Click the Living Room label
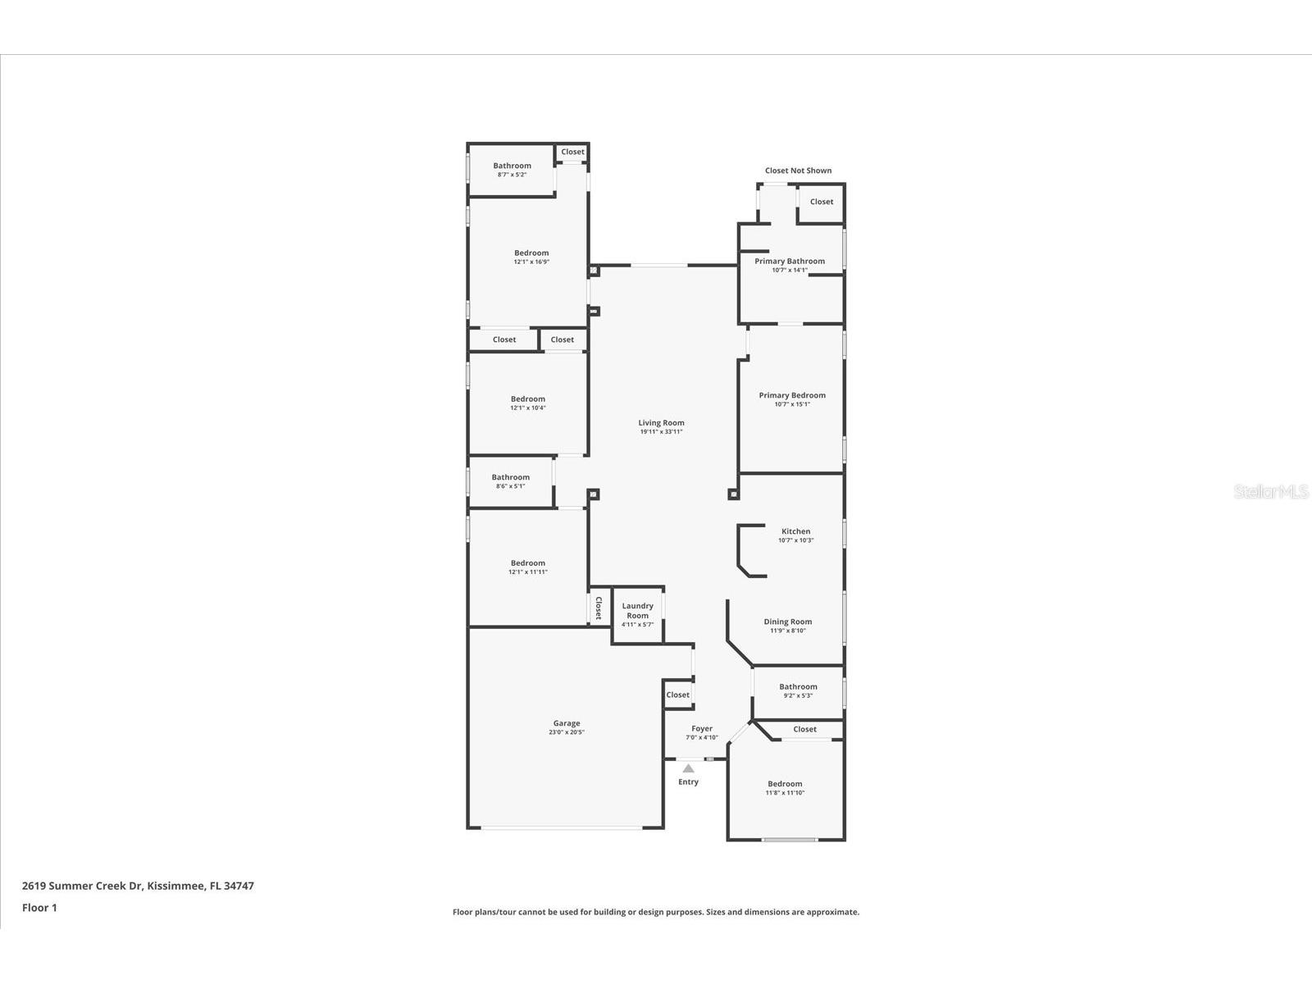coord(661,423)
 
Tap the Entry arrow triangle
coord(688,768)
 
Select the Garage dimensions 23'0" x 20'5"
coord(567,732)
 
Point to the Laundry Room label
coord(637,611)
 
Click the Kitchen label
coord(795,531)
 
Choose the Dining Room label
coord(787,622)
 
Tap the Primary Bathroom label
coord(790,261)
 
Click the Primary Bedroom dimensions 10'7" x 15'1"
coord(792,404)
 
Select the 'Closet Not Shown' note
coord(798,171)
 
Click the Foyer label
coord(702,728)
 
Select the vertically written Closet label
coord(599,608)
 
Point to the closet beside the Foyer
coord(677,695)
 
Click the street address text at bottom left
coord(138,886)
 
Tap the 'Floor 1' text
coord(39,908)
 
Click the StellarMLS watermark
coord(1272,491)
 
